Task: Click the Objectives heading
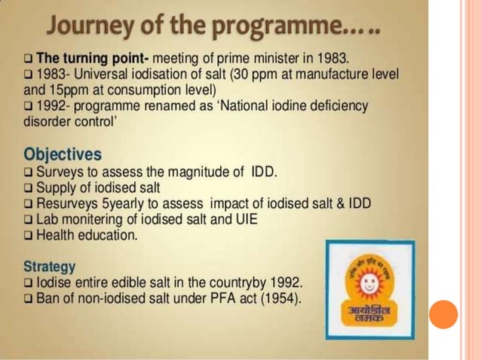pyautogui.click(x=63, y=154)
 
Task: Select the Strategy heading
pyautogui.click(x=50, y=267)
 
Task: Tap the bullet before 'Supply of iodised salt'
pyautogui.click(x=29, y=188)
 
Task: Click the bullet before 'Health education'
pyautogui.click(x=29, y=236)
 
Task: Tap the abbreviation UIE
pyautogui.click(x=253, y=219)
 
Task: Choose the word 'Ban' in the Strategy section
pyautogui.click(x=49, y=300)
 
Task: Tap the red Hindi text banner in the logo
pyautogui.click(x=366, y=316)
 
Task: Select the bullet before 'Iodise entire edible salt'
pyautogui.click(x=29, y=284)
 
